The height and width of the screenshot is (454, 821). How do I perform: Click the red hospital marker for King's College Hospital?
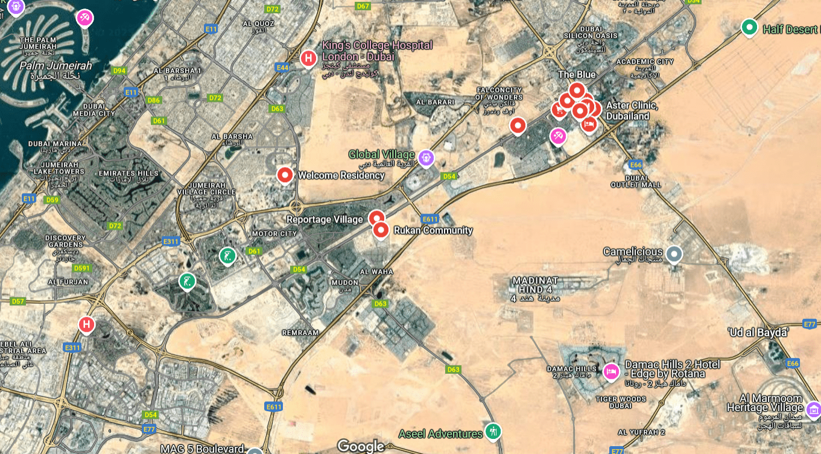click(x=308, y=58)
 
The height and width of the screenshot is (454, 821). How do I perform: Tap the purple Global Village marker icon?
click(x=426, y=157)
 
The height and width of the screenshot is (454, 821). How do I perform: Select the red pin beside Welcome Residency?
click(x=285, y=175)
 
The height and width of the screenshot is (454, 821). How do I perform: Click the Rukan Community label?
click(x=433, y=230)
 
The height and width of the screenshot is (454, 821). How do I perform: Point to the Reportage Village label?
click(x=325, y=219)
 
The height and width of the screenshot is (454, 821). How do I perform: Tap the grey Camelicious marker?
click(x=674, y=253)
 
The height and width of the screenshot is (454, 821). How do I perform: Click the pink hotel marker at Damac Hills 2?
click(x=611, y=370)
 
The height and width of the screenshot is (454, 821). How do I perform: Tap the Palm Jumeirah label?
click(x=55, y=65)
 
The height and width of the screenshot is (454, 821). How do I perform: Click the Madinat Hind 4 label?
click(x=535, y=285)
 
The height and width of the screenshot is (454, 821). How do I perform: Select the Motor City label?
click(x=274, y=233)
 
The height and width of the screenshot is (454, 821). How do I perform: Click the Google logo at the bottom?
click(x=361, y=446)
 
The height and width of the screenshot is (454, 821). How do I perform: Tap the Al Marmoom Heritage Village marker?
click(x=813, y=409)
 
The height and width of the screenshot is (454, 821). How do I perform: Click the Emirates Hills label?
click(x=128, y=174)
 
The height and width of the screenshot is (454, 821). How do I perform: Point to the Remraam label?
click(x=300, y=332)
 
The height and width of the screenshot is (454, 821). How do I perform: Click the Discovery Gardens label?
click(x=65, y=241)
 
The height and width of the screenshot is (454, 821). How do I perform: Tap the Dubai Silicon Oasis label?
click(x=598, y=32)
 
